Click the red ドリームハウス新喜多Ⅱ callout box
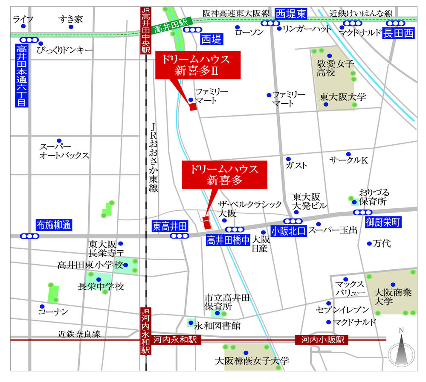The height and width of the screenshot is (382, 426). tap(198, 65)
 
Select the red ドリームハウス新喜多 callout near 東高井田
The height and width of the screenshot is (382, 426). tap(225, 175)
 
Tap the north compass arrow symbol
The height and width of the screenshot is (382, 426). tap(401, 350)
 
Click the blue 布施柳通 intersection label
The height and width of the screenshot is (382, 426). tap(54, 225)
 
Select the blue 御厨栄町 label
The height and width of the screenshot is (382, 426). tap(384, 222)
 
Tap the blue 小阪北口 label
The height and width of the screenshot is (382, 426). tap(288, 231)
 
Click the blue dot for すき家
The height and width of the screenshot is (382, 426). tap(71, 27)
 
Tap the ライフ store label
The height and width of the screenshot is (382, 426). tap(23, 19)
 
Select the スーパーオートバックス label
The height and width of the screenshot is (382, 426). tap(64, 151)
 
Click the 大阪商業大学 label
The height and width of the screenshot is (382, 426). tap(392, 297)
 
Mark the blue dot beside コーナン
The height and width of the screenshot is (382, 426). tap(42, 306)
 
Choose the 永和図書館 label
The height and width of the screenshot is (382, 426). tap(217, 326)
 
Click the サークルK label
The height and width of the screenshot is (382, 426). tap(348, 160)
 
